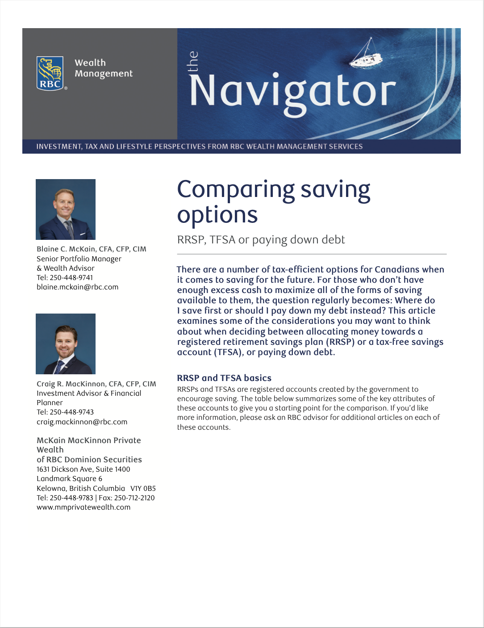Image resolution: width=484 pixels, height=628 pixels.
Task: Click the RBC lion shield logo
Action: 50,73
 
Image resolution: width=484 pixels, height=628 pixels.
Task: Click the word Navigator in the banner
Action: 293,92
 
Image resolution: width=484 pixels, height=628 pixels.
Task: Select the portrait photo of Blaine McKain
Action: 66,209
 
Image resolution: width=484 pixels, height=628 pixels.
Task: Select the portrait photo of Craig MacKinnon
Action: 66,344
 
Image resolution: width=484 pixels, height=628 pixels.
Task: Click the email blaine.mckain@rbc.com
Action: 77,287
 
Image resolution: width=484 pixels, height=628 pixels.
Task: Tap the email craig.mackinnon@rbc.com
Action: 82,422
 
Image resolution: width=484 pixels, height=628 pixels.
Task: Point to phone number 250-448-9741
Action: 71,278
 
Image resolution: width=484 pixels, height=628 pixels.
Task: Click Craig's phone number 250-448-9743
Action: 71,412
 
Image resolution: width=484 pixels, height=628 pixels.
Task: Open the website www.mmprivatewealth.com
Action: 83,507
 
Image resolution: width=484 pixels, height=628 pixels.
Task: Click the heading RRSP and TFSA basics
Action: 224,378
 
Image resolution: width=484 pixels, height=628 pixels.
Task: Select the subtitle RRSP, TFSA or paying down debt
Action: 261,240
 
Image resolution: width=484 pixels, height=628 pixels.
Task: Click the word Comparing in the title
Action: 236,190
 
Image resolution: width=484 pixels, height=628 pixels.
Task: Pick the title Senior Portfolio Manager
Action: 79,259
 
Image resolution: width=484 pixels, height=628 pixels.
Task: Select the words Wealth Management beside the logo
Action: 104,68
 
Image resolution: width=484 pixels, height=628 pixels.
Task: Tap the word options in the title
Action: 217,215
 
